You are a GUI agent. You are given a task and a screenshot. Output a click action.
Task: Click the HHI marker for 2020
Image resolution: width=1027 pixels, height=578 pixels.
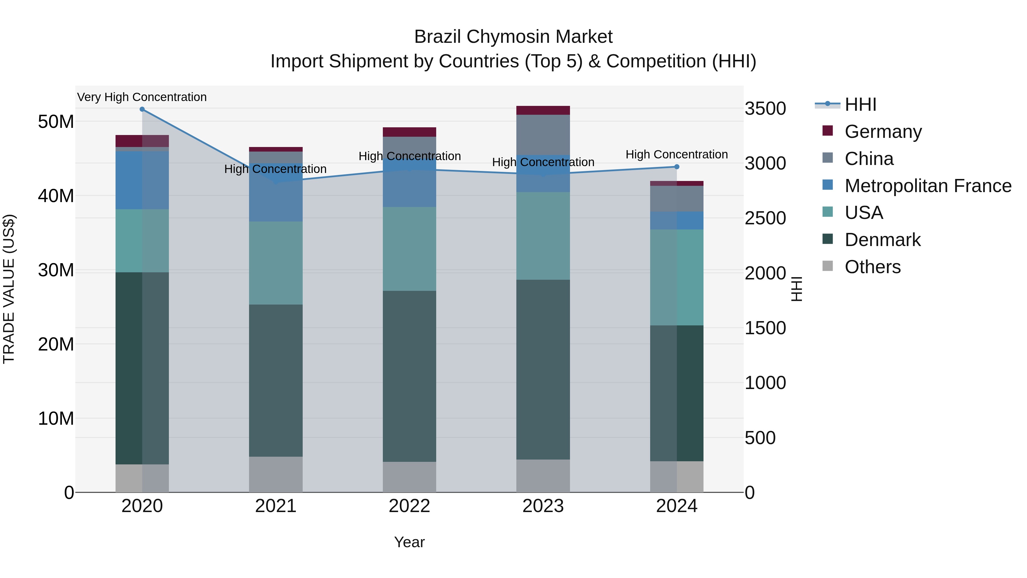click(x=142, y=109)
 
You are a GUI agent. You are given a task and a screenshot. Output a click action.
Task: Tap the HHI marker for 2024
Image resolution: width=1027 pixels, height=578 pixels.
click(x=677, y=167)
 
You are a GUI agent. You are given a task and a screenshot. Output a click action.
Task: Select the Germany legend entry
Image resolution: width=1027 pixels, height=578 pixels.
click(x=882, y=132)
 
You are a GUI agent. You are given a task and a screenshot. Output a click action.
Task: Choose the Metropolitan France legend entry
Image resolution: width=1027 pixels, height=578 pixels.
click(x=927, y=186)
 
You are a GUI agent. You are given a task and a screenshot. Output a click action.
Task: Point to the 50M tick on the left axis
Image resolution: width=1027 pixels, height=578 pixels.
click(x=56, y=122)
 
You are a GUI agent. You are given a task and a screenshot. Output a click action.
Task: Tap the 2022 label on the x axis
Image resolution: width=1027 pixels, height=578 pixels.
click(x=409, y=506)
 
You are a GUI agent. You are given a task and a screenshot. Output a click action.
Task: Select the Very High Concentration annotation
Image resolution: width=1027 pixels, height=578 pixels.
click(x=142, y=97)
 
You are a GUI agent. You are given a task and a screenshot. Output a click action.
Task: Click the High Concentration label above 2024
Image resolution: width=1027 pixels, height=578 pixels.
click(x=677, y=154)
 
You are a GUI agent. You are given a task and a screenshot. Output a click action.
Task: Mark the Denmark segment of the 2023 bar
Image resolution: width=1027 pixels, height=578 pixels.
click(x=543, y=369)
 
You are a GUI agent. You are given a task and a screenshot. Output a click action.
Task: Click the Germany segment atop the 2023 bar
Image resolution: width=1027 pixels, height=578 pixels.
click(x=543, y=110)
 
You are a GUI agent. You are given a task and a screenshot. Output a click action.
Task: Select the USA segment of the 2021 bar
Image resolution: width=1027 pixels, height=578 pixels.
click(x=276, y=263)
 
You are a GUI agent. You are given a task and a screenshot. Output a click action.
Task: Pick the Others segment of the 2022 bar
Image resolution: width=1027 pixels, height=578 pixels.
click(x=409, y=477)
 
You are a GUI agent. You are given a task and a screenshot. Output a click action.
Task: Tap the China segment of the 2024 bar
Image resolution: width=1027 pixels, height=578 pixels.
click(x=677, y=199)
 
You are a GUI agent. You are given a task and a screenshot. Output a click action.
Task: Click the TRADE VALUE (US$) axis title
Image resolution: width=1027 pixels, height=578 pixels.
click(x=9, y=289)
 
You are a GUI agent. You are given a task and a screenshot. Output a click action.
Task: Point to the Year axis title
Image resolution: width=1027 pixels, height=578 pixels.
click(x=409, y=542)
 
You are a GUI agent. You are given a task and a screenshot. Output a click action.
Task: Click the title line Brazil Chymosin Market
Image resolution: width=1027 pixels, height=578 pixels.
click(x=513, y=37)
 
